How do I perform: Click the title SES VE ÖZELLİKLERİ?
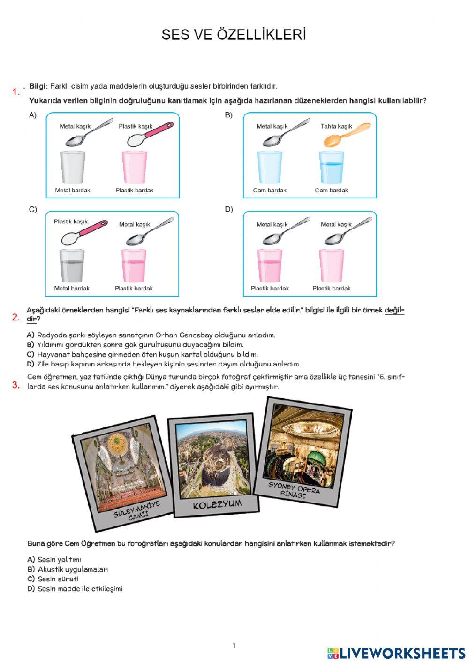(234, 34)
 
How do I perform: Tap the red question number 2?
(15, 318)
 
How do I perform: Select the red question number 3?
(16, 385)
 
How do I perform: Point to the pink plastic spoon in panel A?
(150, 134)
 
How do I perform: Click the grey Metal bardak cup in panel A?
(73, 167)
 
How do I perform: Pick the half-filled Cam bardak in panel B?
(332, 168)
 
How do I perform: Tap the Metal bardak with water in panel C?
(72, 266)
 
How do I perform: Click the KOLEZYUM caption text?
(217, 504)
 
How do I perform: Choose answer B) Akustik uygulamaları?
(68, 569)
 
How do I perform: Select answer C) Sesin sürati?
(53, 579)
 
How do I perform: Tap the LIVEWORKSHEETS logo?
(396, 653)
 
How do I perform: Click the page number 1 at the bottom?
(234, 646)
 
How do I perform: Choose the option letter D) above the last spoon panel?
(229, 209)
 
